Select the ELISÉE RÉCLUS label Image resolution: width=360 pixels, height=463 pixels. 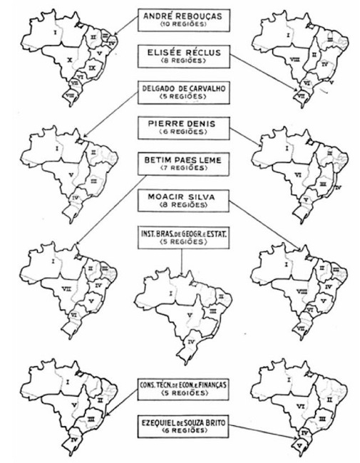pyautogui.click(x=180, y=55)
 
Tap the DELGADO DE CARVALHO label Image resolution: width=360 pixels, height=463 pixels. pyautogui.click(x=180, y=92)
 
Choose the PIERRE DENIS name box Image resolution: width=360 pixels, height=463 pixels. pyautogui.click(x=180, y=128)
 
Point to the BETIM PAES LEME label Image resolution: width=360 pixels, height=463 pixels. pyautogui.click(x=180, y=165)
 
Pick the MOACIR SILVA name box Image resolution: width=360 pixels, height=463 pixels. pyautogui.click(x=180, y=200)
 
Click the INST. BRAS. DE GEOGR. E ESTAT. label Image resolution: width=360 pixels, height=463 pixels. pyautogui.click(x=180, y=237)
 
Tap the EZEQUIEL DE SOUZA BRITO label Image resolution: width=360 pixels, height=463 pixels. pyautogui.click(x=180, y=427)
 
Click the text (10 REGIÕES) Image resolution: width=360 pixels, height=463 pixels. pyautogui.click(x=180, y=25)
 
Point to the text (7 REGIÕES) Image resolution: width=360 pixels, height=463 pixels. pyautogui.click(x=180, y=170)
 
